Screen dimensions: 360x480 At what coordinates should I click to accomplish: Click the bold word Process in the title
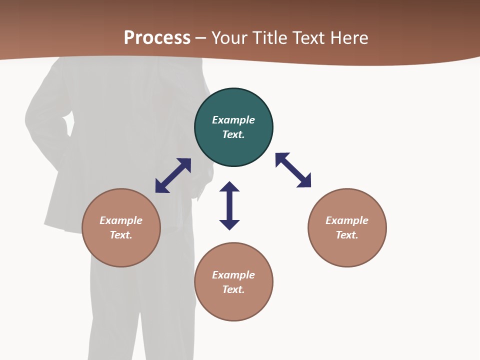(157, 38)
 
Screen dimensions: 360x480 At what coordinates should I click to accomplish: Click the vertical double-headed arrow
(229, 205)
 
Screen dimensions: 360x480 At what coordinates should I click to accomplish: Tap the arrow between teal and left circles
(173, 175)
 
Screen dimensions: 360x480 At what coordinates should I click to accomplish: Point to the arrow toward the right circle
(293, 170)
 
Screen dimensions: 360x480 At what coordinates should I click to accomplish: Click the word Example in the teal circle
(233, 120)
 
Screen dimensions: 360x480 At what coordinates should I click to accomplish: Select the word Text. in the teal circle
(233, 134)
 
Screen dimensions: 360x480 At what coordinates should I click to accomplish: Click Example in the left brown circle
(121, 220)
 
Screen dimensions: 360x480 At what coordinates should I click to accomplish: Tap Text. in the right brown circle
(347, 235)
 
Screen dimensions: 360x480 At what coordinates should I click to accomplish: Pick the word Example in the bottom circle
(233, 275)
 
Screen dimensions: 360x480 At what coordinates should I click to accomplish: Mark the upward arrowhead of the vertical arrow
(229, 186)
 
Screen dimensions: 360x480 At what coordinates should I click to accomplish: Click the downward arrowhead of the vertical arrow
(229, 224)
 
